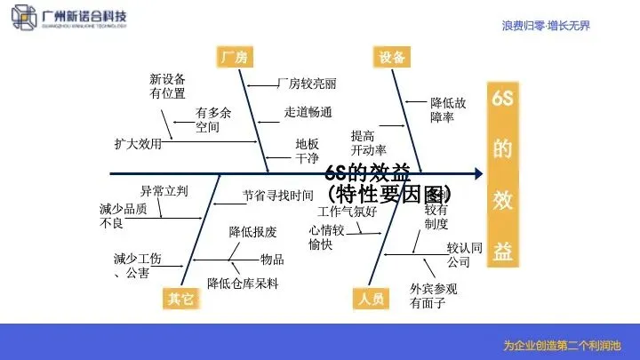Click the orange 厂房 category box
pyautogui.click(x=233, y=58)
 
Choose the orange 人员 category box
pyautogui.click(x=371, y=299)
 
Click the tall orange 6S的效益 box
pyautogui.click(x=502, y=176)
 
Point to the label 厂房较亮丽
pyautogui.click(x=307, y=84)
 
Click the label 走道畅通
pyautogui.click(x=308, y=112)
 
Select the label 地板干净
pyautogui.click(x=307, y=150)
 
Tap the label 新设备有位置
pyautogui.click(x=167, y=85)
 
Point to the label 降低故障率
pyautogui.click(x=448, y=109)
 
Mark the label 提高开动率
pyautogui.click(x=368, y=142)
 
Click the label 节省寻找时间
pyautogui.click(x=277, y=195)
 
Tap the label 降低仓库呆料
pyautogui.click(x=243, y=284)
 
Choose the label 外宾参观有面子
pyautogui.click(x=433, y=296)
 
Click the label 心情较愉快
pyautogui.click(x=326, y=237)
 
